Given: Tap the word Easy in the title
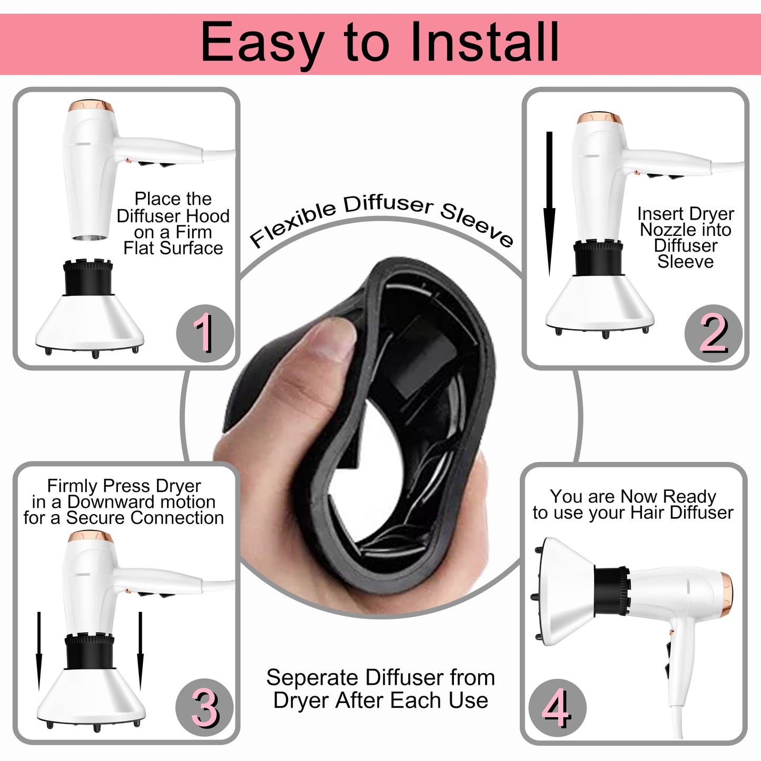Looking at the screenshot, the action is point(262,44).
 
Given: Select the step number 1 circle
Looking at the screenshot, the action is point(204,333).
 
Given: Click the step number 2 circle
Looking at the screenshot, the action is point(713,333).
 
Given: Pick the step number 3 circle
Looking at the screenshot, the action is point(204,707).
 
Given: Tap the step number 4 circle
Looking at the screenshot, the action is point(557,707).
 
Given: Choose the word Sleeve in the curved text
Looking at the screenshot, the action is point(477,225).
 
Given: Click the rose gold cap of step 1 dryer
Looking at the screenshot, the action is point(91,106).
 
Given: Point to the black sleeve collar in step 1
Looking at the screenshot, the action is point(88,277).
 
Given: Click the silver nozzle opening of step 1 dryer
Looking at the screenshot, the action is point(90,238).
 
